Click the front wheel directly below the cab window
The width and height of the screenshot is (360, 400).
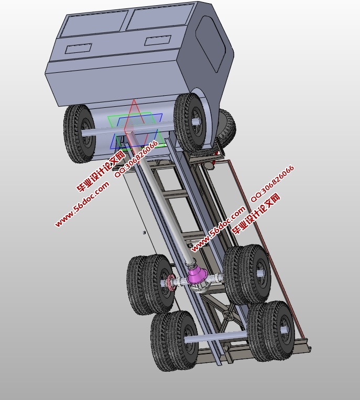191,121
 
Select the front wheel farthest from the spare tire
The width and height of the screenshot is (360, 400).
79,133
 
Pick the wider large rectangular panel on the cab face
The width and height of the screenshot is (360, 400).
160,18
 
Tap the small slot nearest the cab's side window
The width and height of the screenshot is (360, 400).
157,40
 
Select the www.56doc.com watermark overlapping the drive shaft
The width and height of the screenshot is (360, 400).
217,229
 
